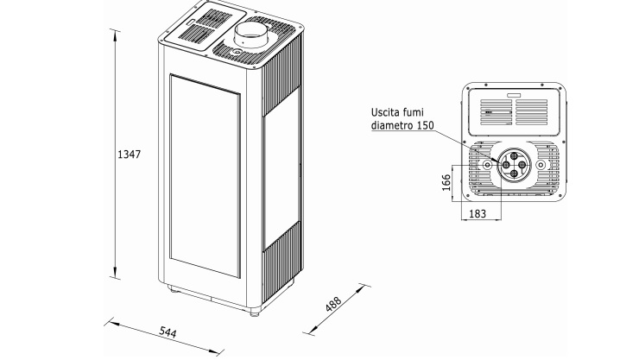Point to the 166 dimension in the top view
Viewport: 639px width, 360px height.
coord(446,183)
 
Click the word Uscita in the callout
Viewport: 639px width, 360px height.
coord(387,112)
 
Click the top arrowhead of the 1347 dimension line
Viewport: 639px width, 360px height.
coord(116,31)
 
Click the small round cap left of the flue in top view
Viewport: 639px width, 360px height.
coord(486,164)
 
